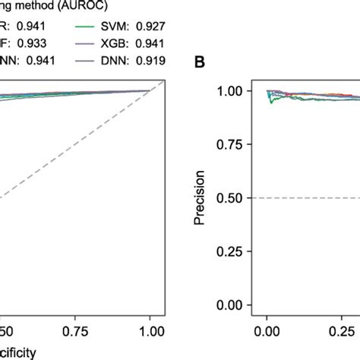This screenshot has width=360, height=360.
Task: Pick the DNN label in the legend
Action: tap(114, 59)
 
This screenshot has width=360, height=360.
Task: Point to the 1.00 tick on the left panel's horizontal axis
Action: tap(152, 332)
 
